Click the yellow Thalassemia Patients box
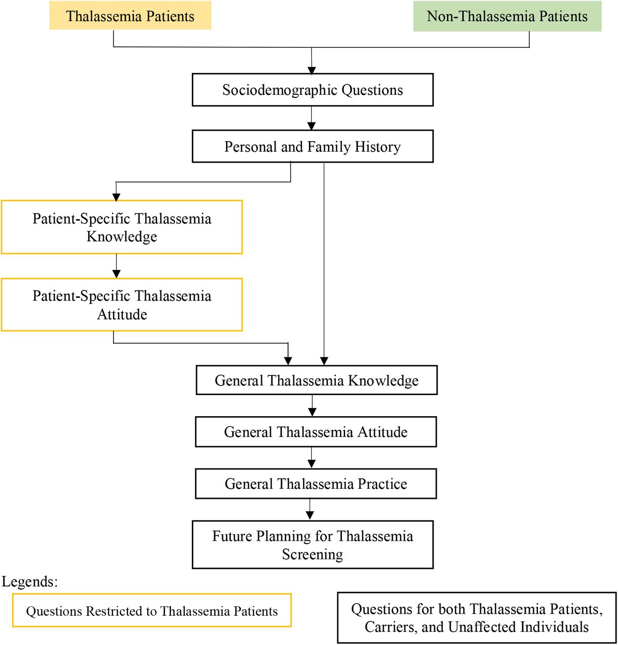coord(130,15)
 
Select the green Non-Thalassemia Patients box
coord(507,16)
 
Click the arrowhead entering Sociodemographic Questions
coord(311,70)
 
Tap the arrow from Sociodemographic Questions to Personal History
coord(311,118)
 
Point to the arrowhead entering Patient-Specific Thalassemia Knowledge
coord(116,197)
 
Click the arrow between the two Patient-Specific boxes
coord(116,266)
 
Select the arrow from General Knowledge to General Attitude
coord(312,406)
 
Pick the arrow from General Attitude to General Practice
coord(311,458)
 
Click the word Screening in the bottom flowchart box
coord(312,554)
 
